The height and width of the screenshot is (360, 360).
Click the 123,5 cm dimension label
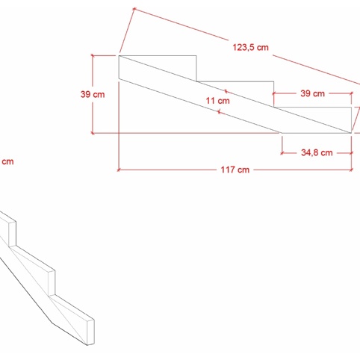[x=250, y=47]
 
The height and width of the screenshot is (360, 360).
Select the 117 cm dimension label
[x=235, y=170]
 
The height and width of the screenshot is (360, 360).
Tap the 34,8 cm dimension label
[x=317, y=152]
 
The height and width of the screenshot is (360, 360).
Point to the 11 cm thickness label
[x=217, y=101]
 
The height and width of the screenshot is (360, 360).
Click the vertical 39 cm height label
[x=93, y=95]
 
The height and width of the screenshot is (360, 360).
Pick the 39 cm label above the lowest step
[x=312, y=93]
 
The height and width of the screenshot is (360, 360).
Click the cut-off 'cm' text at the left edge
[x=7, y=161]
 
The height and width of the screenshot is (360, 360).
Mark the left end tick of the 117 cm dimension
[x=119, y=170]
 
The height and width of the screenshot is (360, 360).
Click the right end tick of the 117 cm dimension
[x=351, y=170]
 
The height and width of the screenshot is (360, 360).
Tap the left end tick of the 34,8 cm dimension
[x=282, y=153]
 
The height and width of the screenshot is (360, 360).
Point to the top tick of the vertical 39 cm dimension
[x=93, y=55]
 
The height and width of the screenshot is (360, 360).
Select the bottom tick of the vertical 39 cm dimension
[x=93, y=133]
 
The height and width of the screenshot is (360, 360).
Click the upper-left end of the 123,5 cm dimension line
[x=134, y=9]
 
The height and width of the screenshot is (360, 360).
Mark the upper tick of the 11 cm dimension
[x=226, y=91]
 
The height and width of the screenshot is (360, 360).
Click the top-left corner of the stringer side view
[x=119, y=55]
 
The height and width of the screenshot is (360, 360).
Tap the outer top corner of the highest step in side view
[x=196, y=55]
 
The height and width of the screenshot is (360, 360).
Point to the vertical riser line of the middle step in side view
[x=274, y=94]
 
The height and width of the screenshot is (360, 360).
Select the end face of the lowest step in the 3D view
[x=90, y=332]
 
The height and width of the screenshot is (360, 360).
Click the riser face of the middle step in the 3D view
[x=52, y=282]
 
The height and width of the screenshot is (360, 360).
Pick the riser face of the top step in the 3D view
[x=13, y=234]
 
